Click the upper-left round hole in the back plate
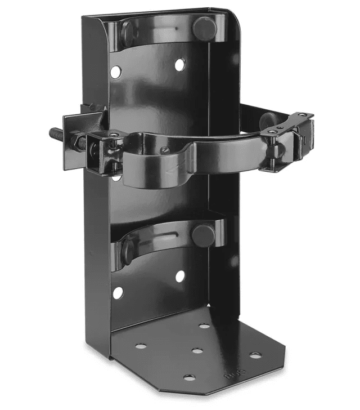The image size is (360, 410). click(x=115, y=72)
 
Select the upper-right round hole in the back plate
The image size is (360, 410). click(x=179, y=65)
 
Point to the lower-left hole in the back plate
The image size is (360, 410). click(x=118, y=293)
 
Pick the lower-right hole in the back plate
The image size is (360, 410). click(x=180, y=277)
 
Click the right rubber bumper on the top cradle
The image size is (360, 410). click(x=204, y=29)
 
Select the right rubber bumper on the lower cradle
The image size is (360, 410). click(x=202, y=235)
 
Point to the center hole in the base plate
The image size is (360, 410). click(x=197, y=351)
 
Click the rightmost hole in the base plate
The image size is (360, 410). click(x=255, y=355)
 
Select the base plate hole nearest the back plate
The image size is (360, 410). click(x=204, y=326)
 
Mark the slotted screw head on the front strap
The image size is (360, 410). click(x=164, y=150)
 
